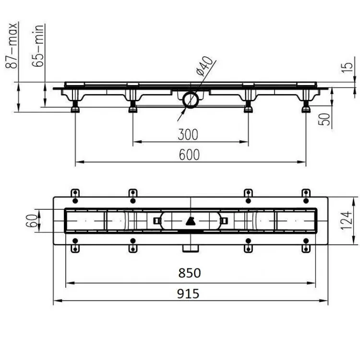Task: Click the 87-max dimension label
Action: click(x=11, y=46)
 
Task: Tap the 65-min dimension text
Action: click(x=37, y=46)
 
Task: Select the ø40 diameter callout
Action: click(x=205, y=66)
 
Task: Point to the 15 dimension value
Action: click(x=347, y=68)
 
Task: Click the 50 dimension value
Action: click(x=324, y=119)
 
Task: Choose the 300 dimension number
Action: click(x=188, y=134)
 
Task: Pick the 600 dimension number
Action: click(x=189, y=155)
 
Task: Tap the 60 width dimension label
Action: click(x=32, y=221)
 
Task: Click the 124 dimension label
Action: click(x=346, y=220)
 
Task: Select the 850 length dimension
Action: click(x=190, y=273)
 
